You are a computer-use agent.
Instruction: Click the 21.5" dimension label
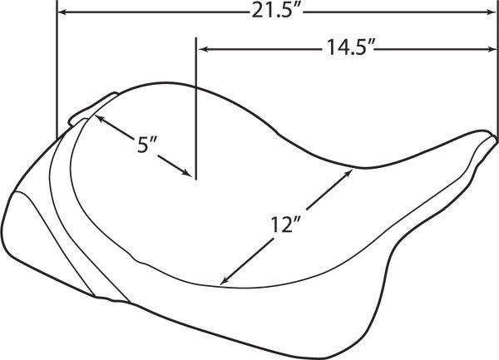point(276,12)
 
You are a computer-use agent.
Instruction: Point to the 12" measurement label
point(285,224)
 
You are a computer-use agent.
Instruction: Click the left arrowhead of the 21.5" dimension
point(63,12)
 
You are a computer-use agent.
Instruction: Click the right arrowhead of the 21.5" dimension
point(492,12)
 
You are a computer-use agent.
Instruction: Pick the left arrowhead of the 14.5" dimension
point(203,49)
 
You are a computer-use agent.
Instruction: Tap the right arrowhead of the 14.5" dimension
point(492,49)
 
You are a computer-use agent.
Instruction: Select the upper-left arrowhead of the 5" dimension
point(99,118)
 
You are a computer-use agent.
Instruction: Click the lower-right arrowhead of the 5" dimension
point(187,172)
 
